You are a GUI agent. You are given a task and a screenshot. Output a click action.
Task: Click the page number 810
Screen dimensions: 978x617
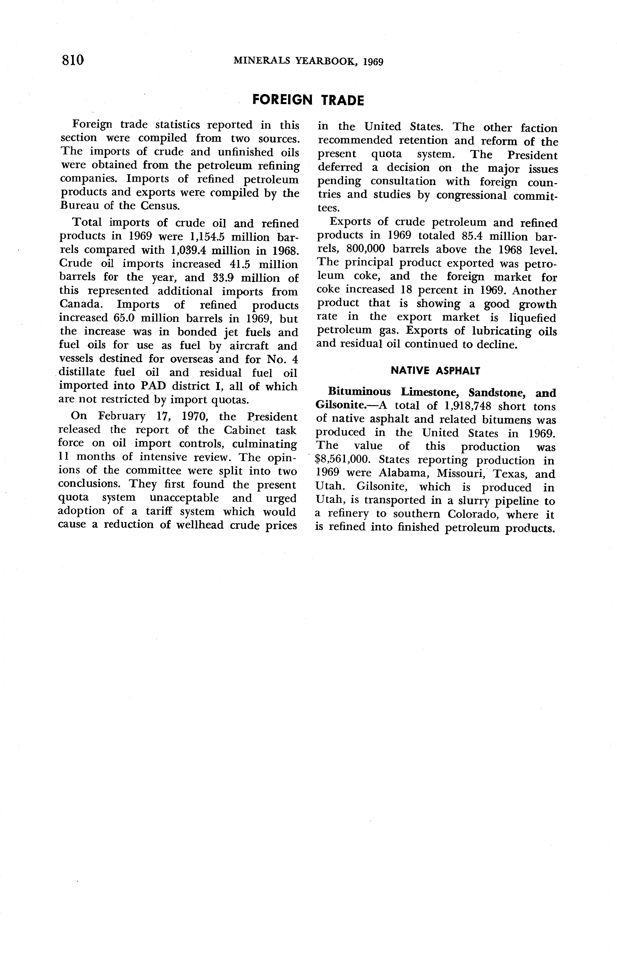(73, 60)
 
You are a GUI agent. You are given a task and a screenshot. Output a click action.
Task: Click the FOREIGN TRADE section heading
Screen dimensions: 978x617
(308, 100)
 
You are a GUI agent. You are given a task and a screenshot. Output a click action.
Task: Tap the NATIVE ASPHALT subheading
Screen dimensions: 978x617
(435, 370)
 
